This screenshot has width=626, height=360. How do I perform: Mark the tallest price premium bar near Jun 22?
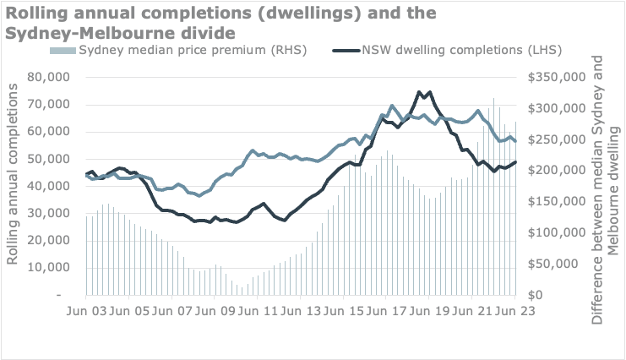[494, 99]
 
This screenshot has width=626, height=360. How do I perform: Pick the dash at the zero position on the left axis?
[60, 296]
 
